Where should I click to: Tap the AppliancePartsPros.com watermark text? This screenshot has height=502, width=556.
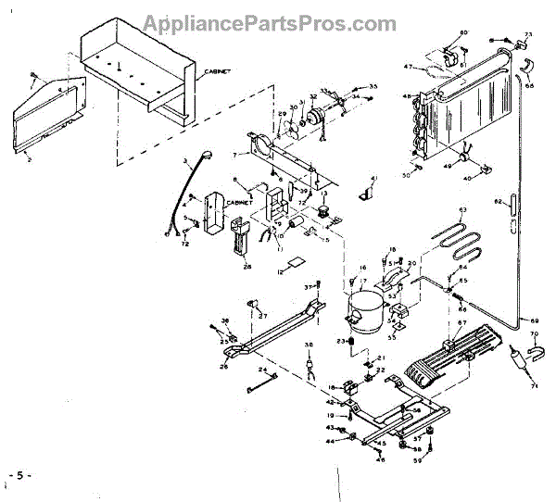277,21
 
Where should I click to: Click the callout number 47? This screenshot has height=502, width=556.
408,67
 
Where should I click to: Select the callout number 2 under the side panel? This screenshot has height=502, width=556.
29,159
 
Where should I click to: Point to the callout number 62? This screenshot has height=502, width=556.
498,202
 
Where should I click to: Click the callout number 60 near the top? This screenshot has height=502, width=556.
463,33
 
